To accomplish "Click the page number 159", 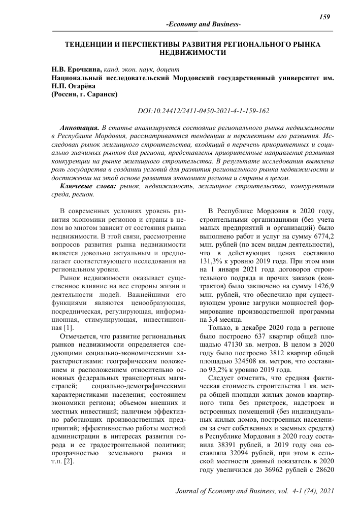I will tap(324, 17).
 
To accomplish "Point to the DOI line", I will tap(204, 111).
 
